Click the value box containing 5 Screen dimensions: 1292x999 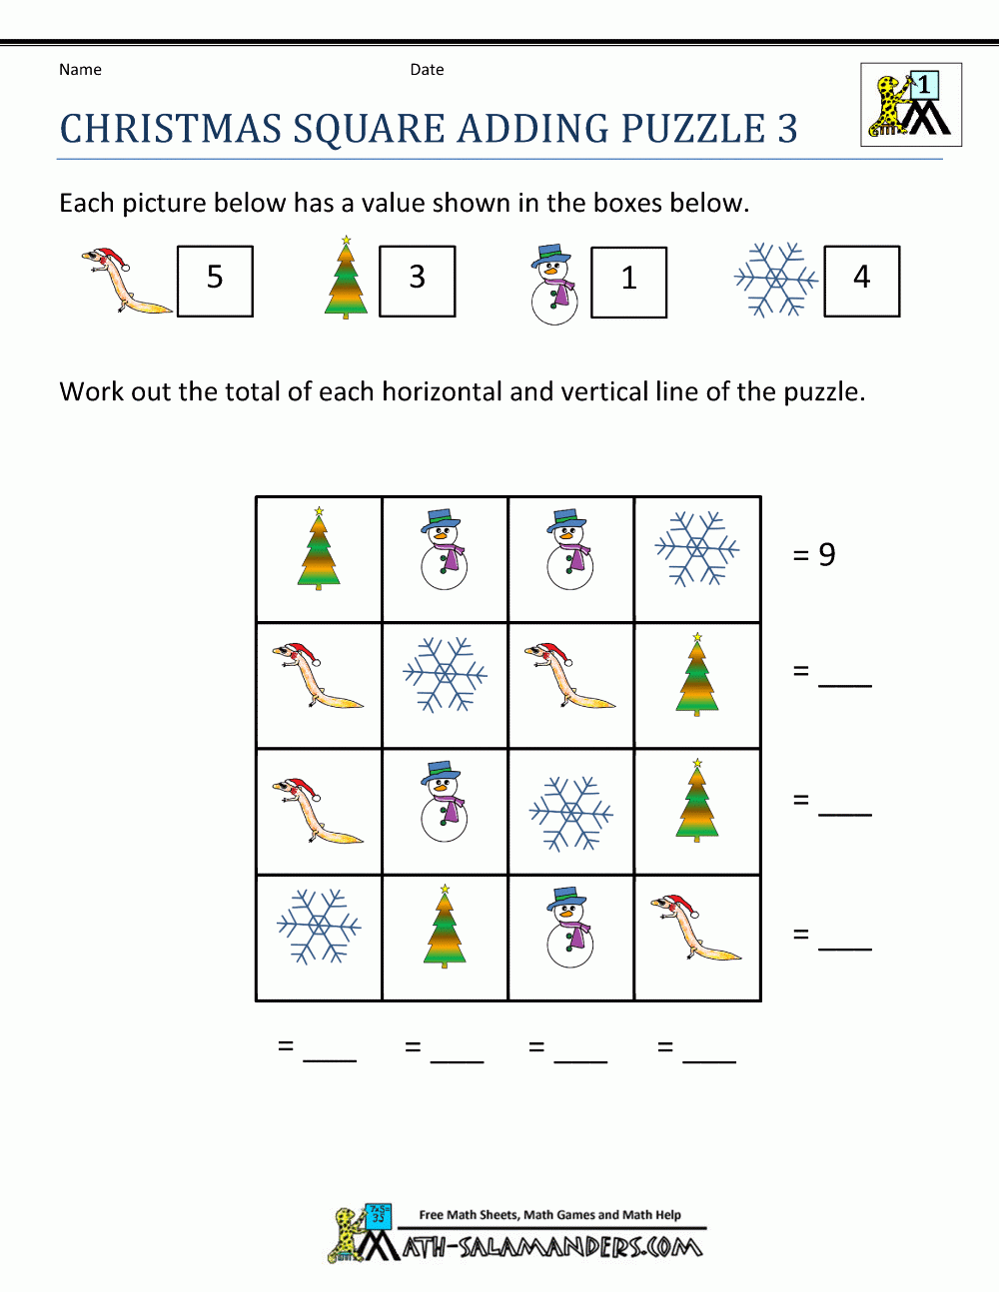pos(215,281)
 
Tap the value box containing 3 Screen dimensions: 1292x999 pos(418,281)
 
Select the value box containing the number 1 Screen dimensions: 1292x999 pos(628,282)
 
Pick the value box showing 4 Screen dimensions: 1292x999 pos(861,281)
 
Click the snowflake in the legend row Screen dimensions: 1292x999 pos(775,280)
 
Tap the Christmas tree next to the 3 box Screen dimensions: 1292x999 pos(346,279)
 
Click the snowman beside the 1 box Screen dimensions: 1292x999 pos(554,285)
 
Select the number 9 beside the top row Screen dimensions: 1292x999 pos(826,554)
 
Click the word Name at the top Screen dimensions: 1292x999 pos(80,70)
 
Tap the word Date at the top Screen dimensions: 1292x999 pos(427,70)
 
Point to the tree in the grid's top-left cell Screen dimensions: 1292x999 pos(319,549)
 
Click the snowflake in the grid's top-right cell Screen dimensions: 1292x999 pos(697,548)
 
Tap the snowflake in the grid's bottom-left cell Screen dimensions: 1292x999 pos(319,927)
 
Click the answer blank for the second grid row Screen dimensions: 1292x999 pos(845,675)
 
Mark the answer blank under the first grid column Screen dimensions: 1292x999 pos(330,1049)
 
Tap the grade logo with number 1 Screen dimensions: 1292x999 pos(911,105)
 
